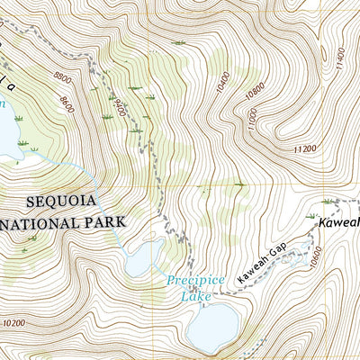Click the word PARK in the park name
click(x=106, y=220)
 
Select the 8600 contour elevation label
click(x=63, y=101)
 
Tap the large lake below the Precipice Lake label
click(x=214, y=327)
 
